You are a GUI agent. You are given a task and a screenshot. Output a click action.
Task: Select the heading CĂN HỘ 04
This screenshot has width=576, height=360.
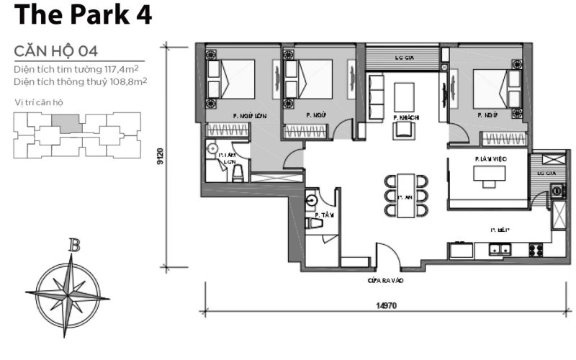[x=56, y=51]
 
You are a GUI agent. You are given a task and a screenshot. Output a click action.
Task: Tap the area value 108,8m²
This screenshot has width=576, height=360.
[x=131, y=82]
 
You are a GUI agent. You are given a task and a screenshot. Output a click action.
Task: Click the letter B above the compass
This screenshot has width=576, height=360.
[x=73, y=246]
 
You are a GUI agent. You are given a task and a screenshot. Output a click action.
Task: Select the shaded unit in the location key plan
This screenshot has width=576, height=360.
[x=70, y=122]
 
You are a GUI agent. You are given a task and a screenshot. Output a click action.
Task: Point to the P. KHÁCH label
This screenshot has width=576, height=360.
[x=406, y=117]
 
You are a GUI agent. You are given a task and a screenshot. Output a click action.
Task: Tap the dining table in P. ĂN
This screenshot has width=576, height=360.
[x=406, y=194]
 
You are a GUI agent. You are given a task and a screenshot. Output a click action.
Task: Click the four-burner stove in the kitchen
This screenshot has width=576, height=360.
[x=536, y=250]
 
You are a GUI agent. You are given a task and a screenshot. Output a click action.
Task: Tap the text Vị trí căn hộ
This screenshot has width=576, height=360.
[x=39, y=102]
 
